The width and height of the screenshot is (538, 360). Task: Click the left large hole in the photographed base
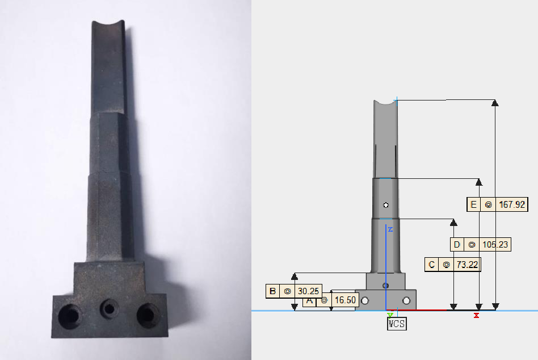coord(70,316)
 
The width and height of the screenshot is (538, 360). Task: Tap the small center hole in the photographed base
coord(110,308)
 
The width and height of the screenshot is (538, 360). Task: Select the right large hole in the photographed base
coord(148,315)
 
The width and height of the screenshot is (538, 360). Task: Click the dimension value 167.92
coord(512,205)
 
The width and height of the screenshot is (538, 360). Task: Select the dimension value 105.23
coord(495,245)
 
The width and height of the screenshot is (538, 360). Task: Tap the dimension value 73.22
coord(467,265)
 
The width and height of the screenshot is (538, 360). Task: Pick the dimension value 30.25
coord(308,291)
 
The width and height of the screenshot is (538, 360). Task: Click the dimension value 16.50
coord(345,300)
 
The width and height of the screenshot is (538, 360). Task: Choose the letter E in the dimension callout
coord(473,205)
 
